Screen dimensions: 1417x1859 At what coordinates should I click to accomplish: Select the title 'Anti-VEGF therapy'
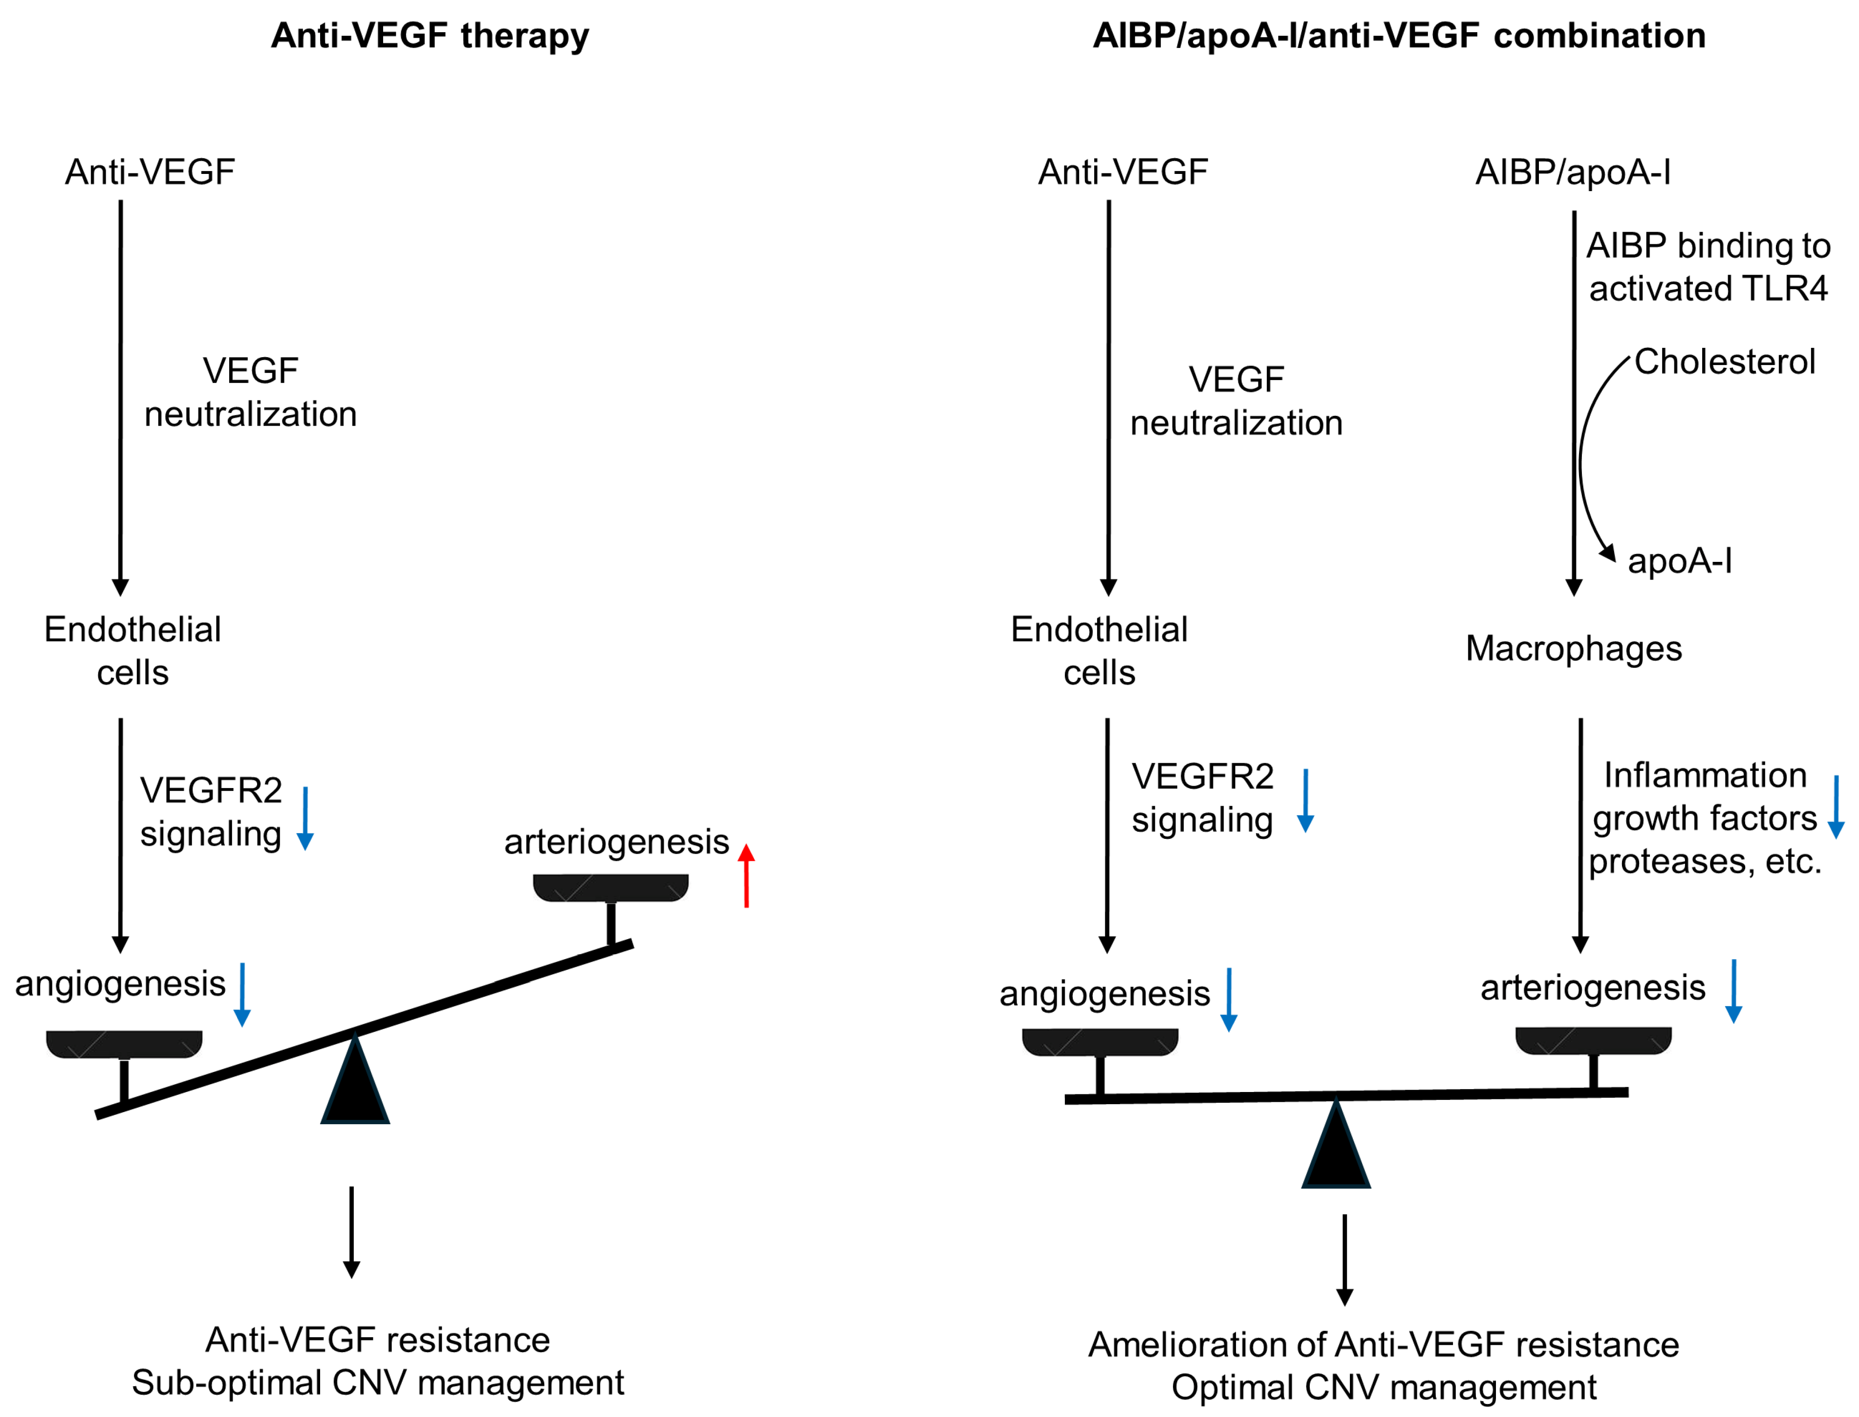tap(429, 35)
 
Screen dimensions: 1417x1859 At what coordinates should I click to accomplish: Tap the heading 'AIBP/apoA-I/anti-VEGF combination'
tap(1398, 35)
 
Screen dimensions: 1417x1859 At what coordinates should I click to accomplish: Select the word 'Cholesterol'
tap(1724, 362)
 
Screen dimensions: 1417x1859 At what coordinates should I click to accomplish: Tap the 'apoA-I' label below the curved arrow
tap(1679, 561)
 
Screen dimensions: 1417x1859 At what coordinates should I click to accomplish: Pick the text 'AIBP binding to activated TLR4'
tap(1708, 267)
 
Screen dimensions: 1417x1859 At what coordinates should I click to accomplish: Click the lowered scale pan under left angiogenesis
tap(124, 1044)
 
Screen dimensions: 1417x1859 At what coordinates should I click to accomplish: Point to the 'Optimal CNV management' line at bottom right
tap(1383, 1388)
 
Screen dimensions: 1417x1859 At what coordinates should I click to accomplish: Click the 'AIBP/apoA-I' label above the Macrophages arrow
tap(1572, 172)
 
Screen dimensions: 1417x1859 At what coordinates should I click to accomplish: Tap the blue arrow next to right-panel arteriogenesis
tap(1733, 991)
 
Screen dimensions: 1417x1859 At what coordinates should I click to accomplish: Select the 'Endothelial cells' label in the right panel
tap(1099, 651)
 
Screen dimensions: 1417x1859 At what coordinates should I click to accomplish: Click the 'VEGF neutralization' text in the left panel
tap(251, 392)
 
